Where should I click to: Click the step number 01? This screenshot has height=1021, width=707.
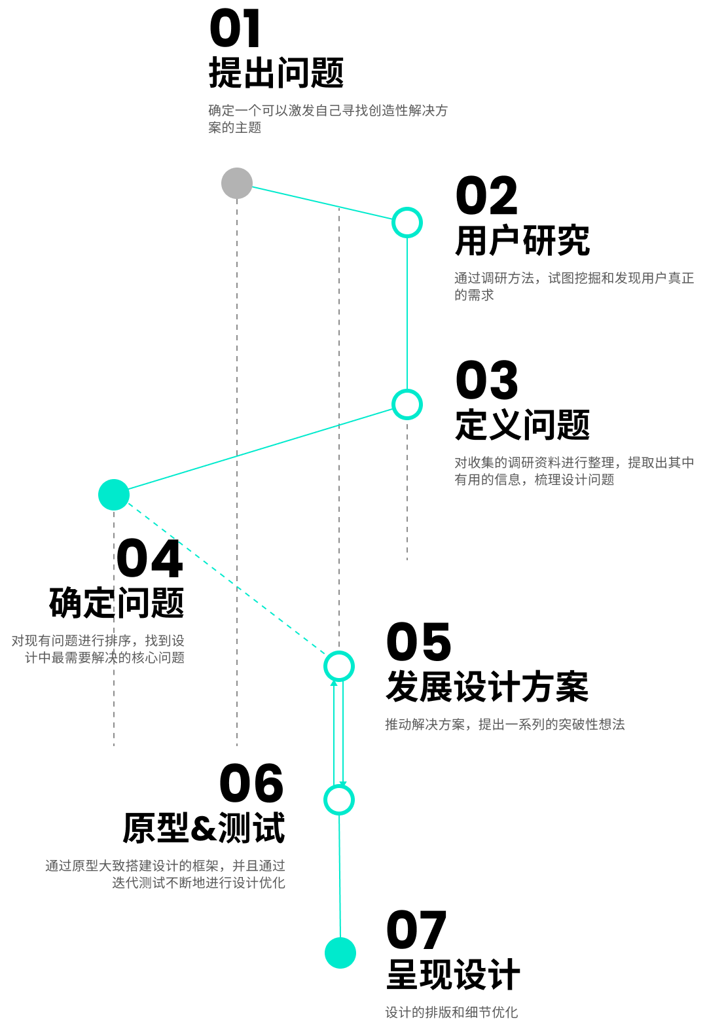tap(236, 29)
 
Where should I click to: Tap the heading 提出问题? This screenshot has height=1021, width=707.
tap(276, 73)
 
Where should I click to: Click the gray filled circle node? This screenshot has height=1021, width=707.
tap(237, 183)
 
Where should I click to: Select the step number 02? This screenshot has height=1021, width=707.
tap(486, 196)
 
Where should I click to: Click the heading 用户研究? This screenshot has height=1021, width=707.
tap(522, 241)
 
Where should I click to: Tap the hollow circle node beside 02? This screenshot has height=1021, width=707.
tap(407, 223)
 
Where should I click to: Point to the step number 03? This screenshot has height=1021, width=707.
tap(486, 381)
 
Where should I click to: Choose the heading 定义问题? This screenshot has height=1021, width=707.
tap(522, 425)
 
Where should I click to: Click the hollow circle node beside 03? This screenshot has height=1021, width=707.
tap(407, 404)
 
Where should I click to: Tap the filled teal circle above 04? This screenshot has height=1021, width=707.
tap(114, 495)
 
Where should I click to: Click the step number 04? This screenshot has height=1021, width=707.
tap(150, 560)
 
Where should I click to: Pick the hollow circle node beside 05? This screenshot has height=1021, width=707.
tap(339, 666)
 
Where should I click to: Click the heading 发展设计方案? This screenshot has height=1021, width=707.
tap(487, 687)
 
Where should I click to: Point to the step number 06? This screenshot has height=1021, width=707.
tap(251, 784)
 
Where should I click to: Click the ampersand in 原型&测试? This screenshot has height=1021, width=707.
tap(204, 829)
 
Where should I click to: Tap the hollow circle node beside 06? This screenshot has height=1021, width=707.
tap(339, 800)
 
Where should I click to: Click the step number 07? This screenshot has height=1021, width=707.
tap(416, 931)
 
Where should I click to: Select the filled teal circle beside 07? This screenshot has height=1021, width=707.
tap(340, 953)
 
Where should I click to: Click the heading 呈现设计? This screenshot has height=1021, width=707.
tap(453, 975)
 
